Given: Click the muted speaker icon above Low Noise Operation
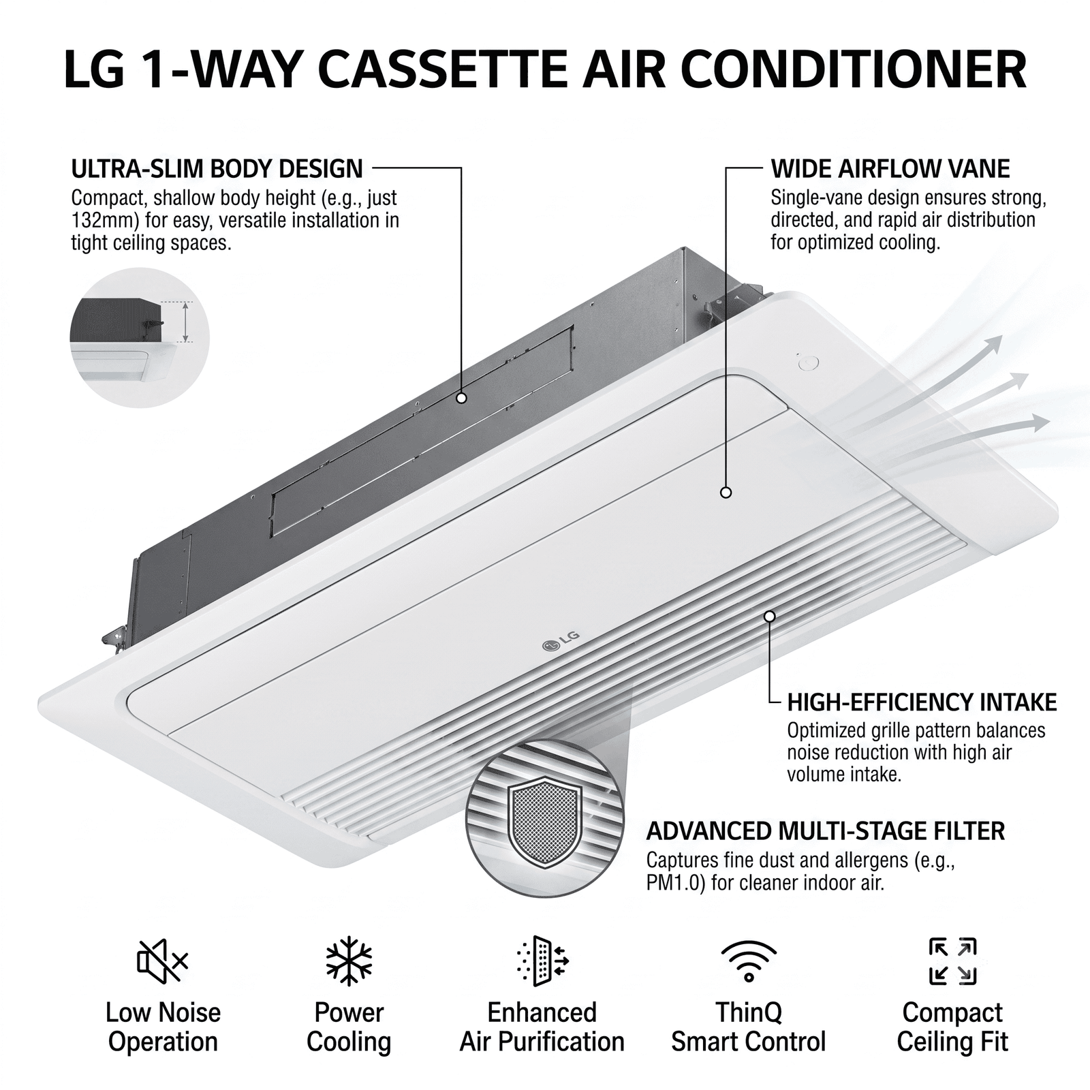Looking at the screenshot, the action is (162, 961).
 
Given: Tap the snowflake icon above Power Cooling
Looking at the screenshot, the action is (349, 961).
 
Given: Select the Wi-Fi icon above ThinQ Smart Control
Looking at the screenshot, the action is (748, 961).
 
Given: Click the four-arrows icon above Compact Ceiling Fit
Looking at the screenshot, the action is (952, 961).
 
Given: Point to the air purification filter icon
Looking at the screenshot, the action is (542, 961).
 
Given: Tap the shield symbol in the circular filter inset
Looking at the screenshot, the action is (544, 823).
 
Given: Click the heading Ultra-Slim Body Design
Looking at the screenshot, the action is (217, 168).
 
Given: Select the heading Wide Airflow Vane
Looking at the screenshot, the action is (890, 168).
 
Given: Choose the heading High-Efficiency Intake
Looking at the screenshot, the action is (922, 702).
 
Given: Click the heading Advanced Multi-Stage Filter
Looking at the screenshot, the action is (825, 831).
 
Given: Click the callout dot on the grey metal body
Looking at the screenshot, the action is (461, 399).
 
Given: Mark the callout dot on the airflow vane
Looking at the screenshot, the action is (726, 492).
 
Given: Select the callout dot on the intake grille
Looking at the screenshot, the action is (770, 617).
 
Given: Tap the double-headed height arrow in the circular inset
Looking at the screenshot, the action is (185, 322).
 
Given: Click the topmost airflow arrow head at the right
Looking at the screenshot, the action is (994, 344).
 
